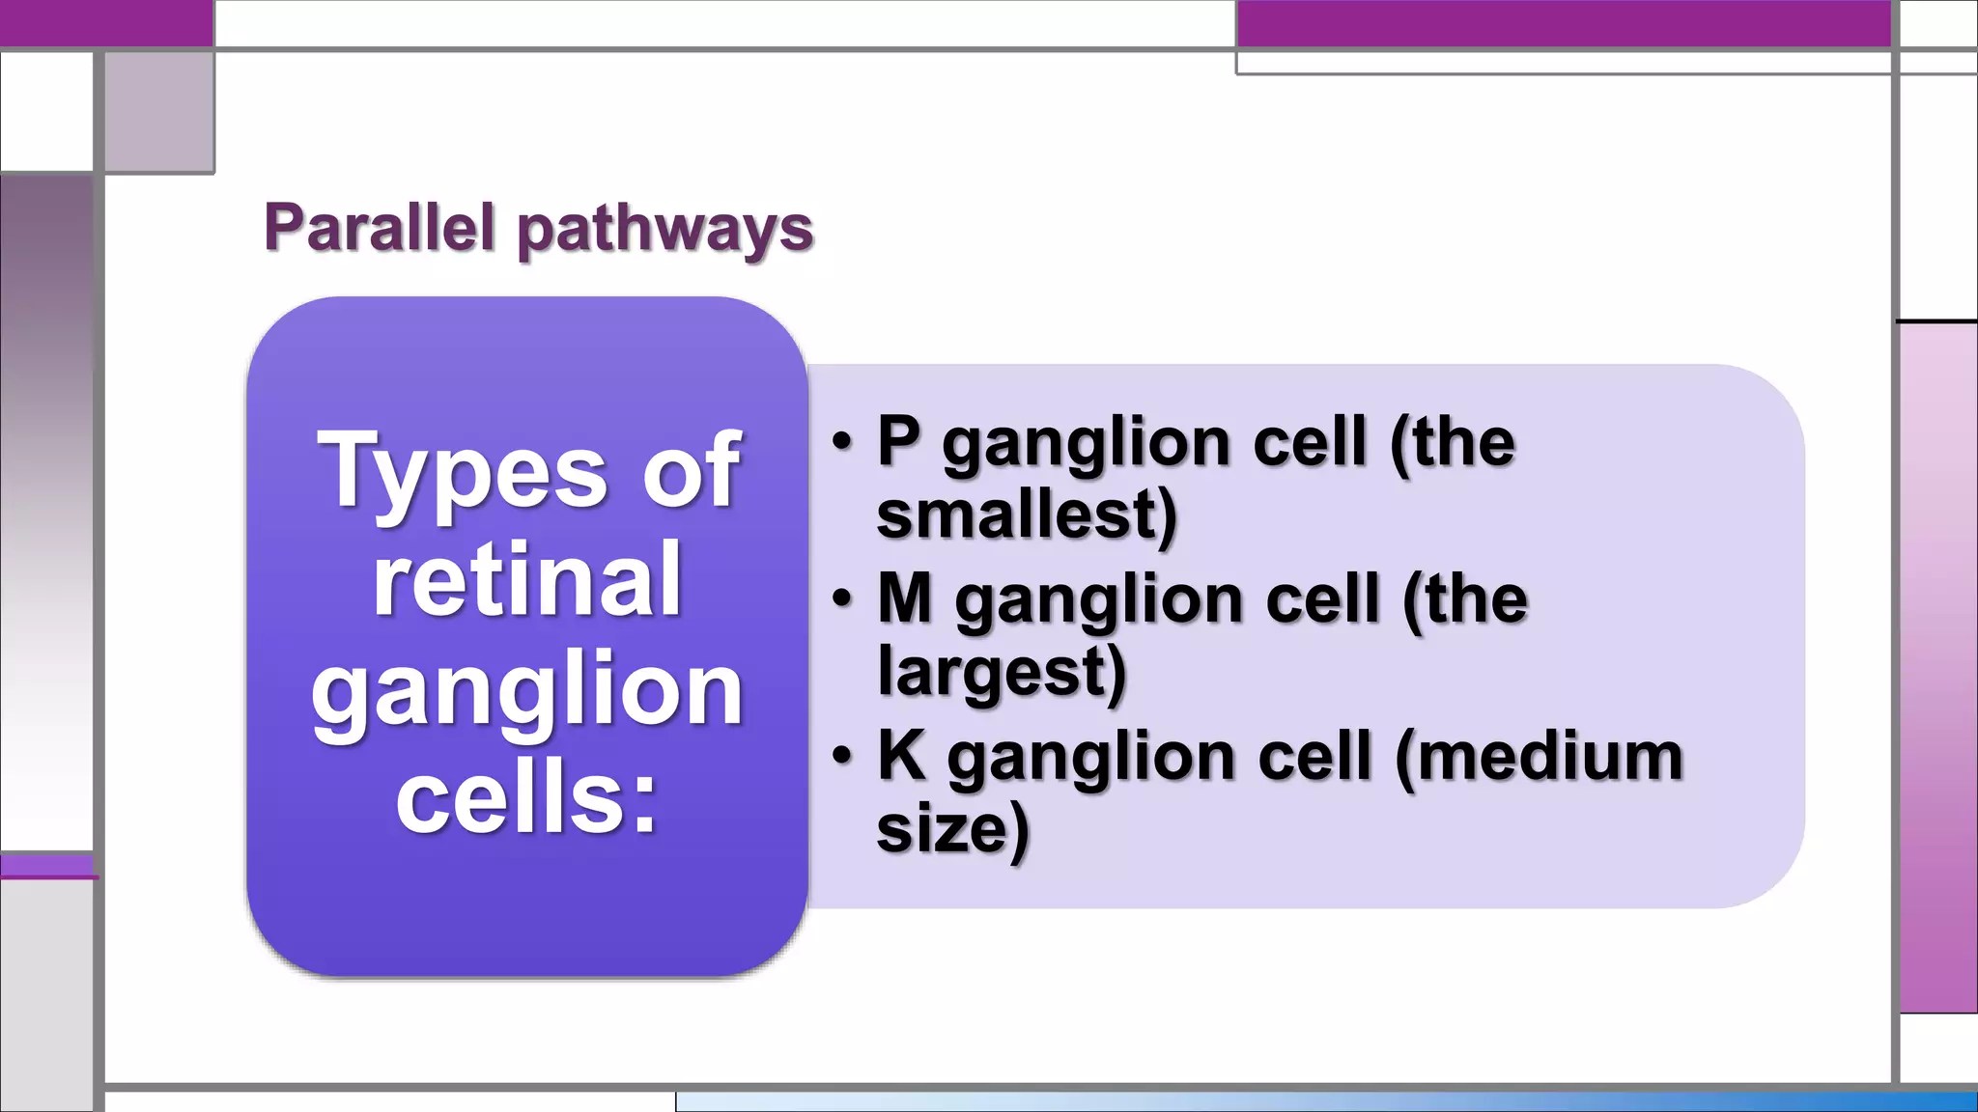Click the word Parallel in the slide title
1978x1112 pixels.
pyautogui.click(x=381, y=228)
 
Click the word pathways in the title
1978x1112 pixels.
pyautogui.click(x=665, y=230)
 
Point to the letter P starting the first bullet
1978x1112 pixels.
pyautogui.click(x=898, y=442)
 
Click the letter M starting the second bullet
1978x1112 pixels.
pyautogui.click(x=905, y=598)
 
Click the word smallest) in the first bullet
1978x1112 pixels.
pyautogui.click(x=1027, y=514)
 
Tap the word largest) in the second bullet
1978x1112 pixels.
pyautogui.click(x=1002, y=671)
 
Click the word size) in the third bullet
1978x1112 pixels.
pyautogui.click(x=952, y=828)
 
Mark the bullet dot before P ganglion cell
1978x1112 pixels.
pyautogui.click(x=842, y=442)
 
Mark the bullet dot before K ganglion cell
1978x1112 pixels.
pyautogui.click(x=842, y=756)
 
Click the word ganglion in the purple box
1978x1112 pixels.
pyautogui.click(x=527, y=690)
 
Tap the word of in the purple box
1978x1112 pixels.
pyautogui.click(x=692, y=470)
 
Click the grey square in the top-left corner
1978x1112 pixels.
pyautogui.click(x=158, y=112)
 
